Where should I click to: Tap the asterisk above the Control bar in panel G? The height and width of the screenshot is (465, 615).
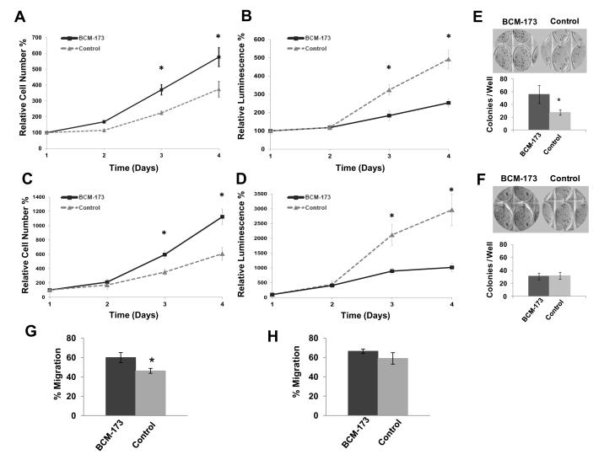coord(152,361)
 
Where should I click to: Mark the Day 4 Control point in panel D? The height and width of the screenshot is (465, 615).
coord(452,211)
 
